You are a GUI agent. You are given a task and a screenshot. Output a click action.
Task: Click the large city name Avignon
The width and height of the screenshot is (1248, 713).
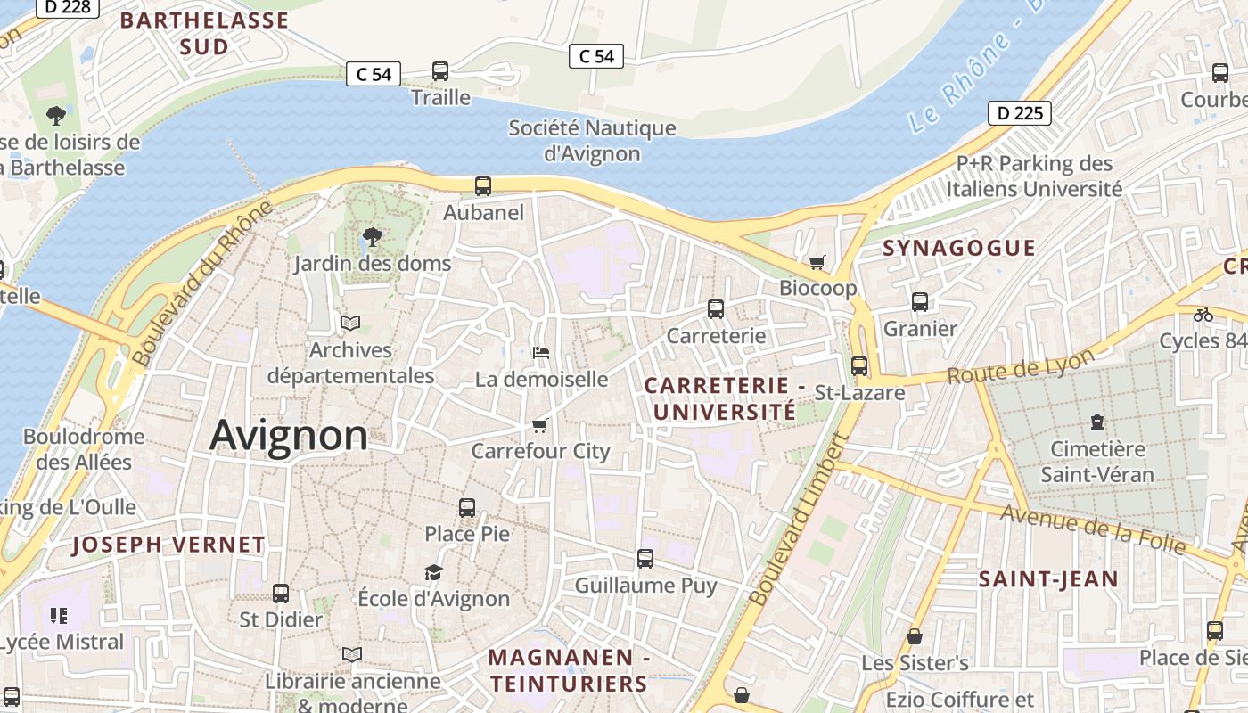pyautogui.click(x=288, y=435)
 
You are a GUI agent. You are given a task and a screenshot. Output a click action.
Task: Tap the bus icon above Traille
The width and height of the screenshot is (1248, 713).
pyautogui.click(x=439, y=71)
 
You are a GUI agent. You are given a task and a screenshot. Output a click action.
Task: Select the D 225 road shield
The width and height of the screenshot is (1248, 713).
pyautogui.click(x=1019, y=113)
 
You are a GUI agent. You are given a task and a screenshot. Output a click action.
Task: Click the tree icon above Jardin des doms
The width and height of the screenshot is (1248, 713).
pyautogui.click(x=373, y=237)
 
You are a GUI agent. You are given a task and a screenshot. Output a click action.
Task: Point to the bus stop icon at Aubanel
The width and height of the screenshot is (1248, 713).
pyautogui.click(x=482, y=185)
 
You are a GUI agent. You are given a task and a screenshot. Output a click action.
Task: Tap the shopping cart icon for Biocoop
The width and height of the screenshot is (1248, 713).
pyautogui.click(x=817, y=262)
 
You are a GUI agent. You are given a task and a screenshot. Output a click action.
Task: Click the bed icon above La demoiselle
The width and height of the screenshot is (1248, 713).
pyautogui.click(x=540, y=353)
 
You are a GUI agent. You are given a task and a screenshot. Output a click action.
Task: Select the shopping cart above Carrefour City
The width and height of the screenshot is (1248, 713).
pyautogui.click(x=539, y=425)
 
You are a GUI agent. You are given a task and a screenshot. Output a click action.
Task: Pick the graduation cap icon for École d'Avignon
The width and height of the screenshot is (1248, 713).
pyautogui.click(x=433, y=572)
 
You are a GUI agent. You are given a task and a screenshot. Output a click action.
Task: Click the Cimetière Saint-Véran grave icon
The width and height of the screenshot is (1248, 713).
pyautogui.click(x=1096, y=422)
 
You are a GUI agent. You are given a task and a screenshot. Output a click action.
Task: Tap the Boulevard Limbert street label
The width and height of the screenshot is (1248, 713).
pyautogui.click(x=799, y=520)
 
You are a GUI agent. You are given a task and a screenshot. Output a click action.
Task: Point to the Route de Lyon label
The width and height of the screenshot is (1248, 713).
pyautogui.click(x=1021, y=366)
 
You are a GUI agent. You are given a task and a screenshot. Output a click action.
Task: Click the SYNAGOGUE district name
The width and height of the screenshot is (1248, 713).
pyautogui.click(x=959, y=248)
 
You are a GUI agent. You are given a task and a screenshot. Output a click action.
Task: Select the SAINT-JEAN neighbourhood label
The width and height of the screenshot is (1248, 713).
pyautogui.click(x=1048, y=579)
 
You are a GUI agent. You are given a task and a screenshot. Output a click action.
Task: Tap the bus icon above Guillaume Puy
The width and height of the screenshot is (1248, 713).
pyautogui.click(x=645, y=559)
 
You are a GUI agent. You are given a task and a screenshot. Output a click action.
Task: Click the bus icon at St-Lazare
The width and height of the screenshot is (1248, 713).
pyautogui.click(x=858, y=366)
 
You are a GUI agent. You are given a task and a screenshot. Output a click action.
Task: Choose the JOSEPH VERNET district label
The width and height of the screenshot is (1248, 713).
pyautogui.click(x=168, y=545)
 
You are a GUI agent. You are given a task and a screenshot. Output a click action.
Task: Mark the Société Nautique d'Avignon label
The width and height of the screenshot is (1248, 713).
pyautogui.click(x=592, y=140)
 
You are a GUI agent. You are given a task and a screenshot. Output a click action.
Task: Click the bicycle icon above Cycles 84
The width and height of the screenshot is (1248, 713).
pyautogui.click(x=1203, y=315)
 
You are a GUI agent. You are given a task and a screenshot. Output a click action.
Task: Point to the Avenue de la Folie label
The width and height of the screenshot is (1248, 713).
pyautogui.click(x=1093, y=528)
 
